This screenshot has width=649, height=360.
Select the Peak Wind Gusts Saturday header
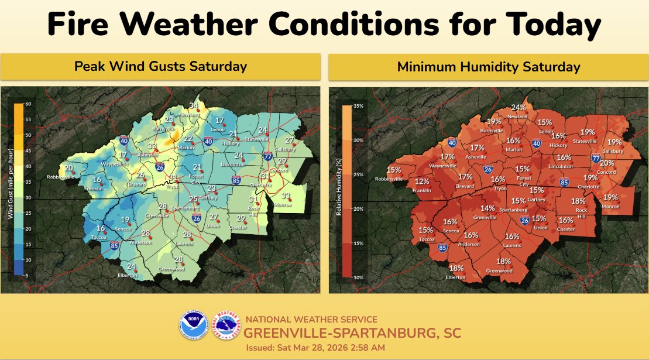160,67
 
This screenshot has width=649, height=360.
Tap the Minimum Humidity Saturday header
489,67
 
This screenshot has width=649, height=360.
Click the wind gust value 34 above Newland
194,106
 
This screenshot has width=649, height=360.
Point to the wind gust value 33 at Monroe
286,196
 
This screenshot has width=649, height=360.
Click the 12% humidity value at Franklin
422,181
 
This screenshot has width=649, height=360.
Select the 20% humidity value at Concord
607,163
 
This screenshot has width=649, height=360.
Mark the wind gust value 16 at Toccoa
101,229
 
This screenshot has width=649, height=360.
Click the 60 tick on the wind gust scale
28,104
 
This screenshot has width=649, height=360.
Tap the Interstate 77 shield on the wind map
267,156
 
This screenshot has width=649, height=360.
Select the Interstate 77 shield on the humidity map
596,159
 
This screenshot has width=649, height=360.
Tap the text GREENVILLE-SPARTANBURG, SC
352,334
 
